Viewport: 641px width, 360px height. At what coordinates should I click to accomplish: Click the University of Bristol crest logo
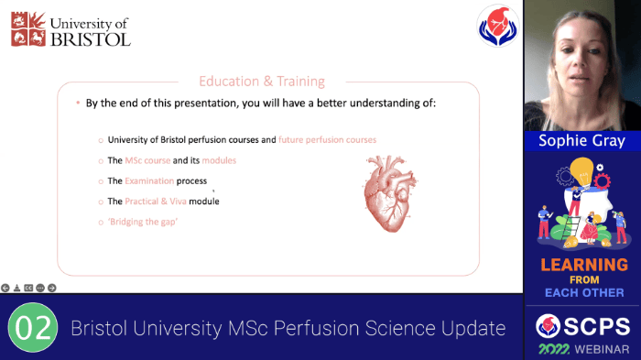27,28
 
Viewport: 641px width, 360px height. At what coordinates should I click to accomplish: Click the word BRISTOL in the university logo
90,38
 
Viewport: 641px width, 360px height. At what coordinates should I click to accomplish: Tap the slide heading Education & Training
262,81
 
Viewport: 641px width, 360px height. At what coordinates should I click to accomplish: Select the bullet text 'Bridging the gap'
146,222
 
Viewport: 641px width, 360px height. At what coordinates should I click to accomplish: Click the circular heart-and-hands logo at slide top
497,25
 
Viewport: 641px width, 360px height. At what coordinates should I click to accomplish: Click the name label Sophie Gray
581,141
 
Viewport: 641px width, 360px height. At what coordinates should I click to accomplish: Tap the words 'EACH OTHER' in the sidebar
584,293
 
